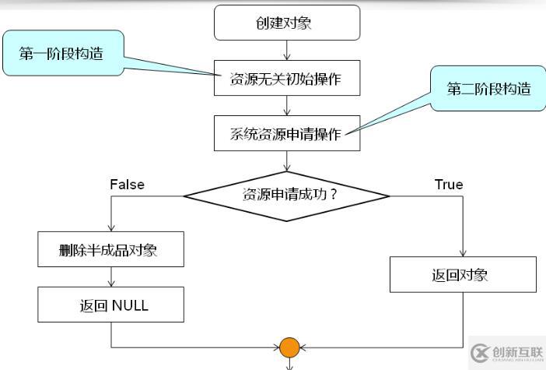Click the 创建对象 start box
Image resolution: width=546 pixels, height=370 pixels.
286,23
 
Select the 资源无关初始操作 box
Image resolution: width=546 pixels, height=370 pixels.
286,78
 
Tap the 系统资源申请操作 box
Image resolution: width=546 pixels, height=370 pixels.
286,133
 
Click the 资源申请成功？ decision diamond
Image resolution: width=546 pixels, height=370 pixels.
286,194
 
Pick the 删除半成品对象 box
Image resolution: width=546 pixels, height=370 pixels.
110,249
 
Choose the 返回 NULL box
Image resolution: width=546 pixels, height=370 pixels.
110,305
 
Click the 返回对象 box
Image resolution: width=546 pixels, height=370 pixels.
463,274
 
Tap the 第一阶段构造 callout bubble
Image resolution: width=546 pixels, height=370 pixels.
61,53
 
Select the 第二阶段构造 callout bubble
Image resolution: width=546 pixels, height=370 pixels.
488,89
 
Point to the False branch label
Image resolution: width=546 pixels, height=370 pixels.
127,185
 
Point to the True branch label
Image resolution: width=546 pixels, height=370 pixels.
449,185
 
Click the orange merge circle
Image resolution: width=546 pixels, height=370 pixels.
289,347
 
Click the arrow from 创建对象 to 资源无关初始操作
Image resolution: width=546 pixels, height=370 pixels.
287,50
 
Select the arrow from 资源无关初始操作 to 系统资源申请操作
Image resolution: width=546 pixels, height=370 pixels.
287,106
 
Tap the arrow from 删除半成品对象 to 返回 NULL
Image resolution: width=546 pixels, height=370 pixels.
111,277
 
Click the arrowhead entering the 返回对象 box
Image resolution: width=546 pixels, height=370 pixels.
463,253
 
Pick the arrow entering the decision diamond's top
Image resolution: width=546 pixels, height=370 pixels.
287,162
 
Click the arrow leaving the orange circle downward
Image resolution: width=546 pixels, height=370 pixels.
289,363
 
